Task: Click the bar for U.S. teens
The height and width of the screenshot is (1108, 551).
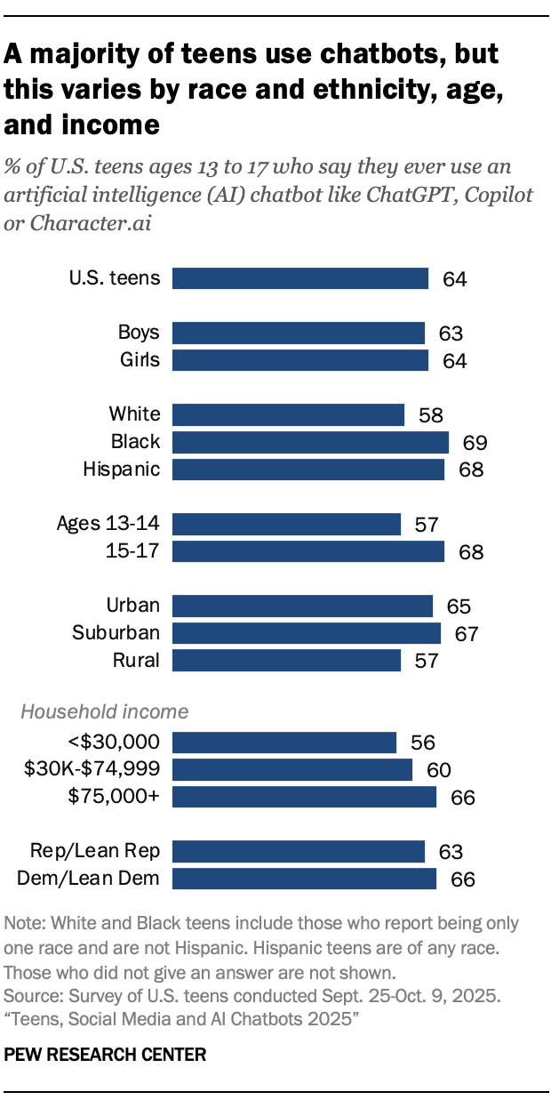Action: [x=300, y=278]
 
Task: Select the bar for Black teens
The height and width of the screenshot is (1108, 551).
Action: [x=310, y=442]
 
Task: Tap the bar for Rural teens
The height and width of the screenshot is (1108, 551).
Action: [x=286, y=660]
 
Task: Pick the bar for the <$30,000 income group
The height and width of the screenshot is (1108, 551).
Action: [x=284, y=743]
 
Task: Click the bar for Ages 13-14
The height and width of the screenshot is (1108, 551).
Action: [x=286, y=524]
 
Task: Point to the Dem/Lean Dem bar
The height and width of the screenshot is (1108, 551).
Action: [x=304, y=879]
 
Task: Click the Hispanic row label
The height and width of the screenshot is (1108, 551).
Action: [x=122, y=469]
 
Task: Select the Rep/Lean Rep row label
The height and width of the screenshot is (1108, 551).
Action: [x=94, y=851]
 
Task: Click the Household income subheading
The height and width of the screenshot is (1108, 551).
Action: [x=104, y=711]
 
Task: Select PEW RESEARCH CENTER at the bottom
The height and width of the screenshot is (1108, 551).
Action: [x=106, y=1055]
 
